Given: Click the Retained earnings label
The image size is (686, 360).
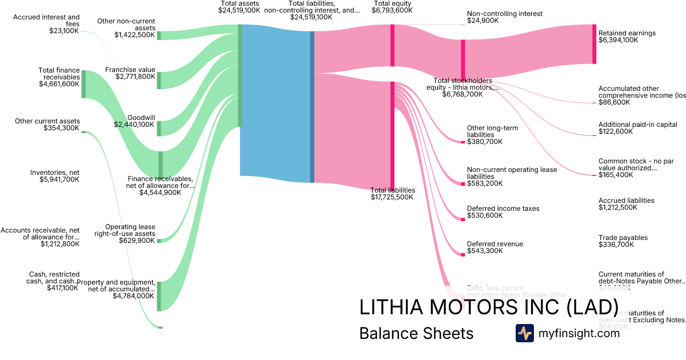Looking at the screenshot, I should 627,33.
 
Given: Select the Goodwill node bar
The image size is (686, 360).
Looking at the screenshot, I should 159,128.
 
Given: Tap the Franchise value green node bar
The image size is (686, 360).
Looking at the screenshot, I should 159,80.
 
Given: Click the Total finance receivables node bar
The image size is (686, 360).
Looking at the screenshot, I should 83,84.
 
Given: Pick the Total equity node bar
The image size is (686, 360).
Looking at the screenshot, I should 392,45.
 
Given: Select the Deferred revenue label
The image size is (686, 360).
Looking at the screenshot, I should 494,244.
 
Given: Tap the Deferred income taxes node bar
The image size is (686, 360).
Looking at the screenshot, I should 463,219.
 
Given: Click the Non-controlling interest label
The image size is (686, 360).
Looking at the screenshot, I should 504,14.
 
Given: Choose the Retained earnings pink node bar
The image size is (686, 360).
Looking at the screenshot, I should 594,44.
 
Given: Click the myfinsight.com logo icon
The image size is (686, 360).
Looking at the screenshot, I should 524,333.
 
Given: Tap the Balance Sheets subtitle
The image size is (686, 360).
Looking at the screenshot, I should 416,333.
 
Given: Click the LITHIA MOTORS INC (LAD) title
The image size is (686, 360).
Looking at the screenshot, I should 488,307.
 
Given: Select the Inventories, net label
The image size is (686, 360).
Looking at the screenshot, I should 55,172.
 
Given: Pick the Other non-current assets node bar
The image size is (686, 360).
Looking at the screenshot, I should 159,35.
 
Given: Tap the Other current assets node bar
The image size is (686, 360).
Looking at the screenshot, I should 83,132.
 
